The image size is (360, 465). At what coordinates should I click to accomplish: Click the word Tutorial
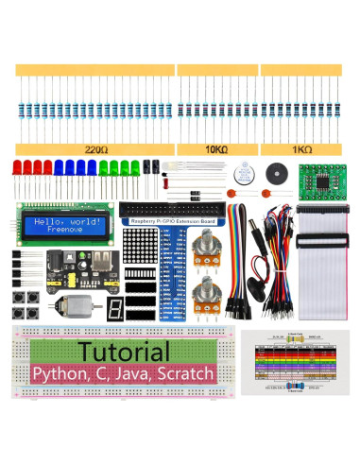coord(120,351)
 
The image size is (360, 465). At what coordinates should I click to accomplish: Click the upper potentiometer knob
coord(204,249)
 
